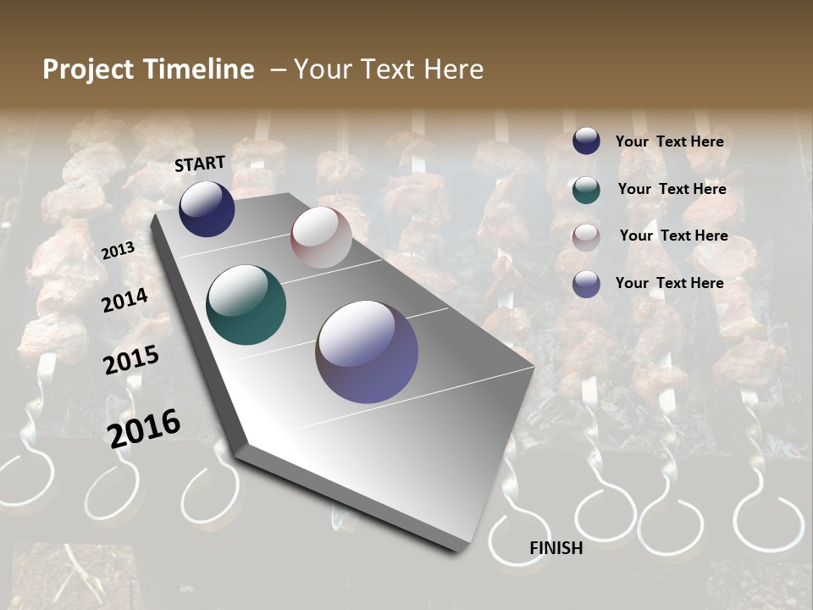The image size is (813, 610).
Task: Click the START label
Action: [200, 164]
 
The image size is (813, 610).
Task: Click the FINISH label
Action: [556, 548]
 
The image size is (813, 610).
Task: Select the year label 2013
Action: [119, 251]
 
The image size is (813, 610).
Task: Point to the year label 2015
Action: [131, 359]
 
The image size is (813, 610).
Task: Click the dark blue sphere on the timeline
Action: [207, 209]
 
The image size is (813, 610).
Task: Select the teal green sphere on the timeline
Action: [246, 305]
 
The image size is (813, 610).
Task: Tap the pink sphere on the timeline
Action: [321, 237]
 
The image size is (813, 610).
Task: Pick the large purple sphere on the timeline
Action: [367, 352]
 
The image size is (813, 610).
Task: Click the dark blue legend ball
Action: [586, 141]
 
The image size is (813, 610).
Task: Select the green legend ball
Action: [586, 190]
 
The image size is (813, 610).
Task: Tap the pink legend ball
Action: [586, 237]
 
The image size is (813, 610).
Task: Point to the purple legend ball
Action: [586, 284]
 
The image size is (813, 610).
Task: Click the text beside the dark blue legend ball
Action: [669, 141]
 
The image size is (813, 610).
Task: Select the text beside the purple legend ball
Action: [669, 283]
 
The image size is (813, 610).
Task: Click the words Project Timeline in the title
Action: [148, 69]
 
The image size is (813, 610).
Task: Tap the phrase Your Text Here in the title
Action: [389, 69]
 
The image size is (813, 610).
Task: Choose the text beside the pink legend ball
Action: [673, 236]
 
